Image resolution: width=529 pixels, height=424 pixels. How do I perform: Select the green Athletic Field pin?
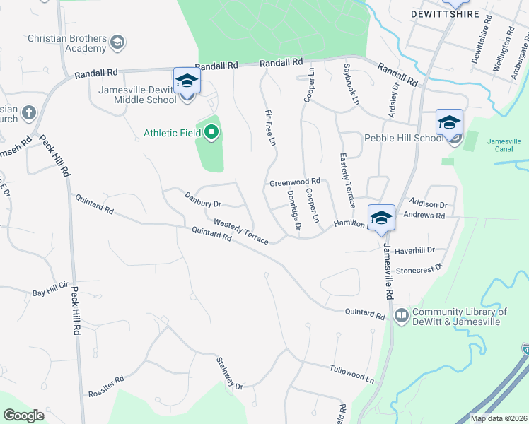point(211,132)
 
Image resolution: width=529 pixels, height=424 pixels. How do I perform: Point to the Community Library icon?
point(402,315)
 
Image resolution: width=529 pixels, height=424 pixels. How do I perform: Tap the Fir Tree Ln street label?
point(269,127)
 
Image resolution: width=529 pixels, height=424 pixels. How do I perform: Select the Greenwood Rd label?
point(295,182)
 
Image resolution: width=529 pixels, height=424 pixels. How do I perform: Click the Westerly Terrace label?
point(240,231)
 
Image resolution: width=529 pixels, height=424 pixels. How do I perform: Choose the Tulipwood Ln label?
point(351,374)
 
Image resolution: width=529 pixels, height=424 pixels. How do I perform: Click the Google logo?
point(24,416)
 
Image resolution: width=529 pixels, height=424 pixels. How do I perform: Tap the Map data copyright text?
point(498,418)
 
